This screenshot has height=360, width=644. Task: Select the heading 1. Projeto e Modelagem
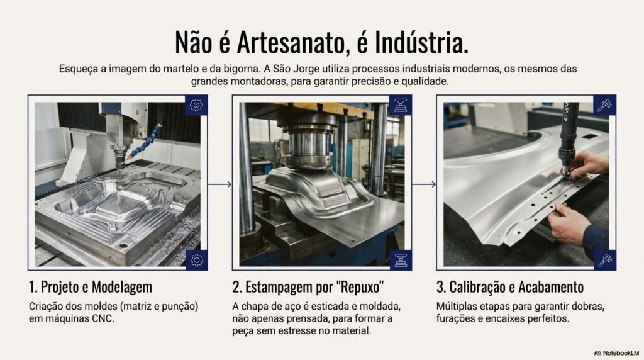[x=91, y=287]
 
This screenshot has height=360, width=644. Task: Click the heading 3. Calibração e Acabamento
[x=509, y=287]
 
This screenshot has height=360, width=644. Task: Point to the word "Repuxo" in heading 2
[x=360, y=287]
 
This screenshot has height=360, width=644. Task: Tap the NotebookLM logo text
[x=621, y=353]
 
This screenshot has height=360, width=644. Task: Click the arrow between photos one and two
[x=219, y=184]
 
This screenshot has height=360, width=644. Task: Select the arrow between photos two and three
[x=424, y=184]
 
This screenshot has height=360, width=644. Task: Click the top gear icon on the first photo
[x=196, y=105]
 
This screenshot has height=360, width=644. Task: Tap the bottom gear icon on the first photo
[x=197, y=260]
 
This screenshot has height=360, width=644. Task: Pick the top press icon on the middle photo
[x=401, y=105]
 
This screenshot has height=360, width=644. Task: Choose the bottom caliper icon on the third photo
[x=605, y=260]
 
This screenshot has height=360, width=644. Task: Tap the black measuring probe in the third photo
[x=569, y=138]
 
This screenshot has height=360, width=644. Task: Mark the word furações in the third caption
[x=457, y=319]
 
